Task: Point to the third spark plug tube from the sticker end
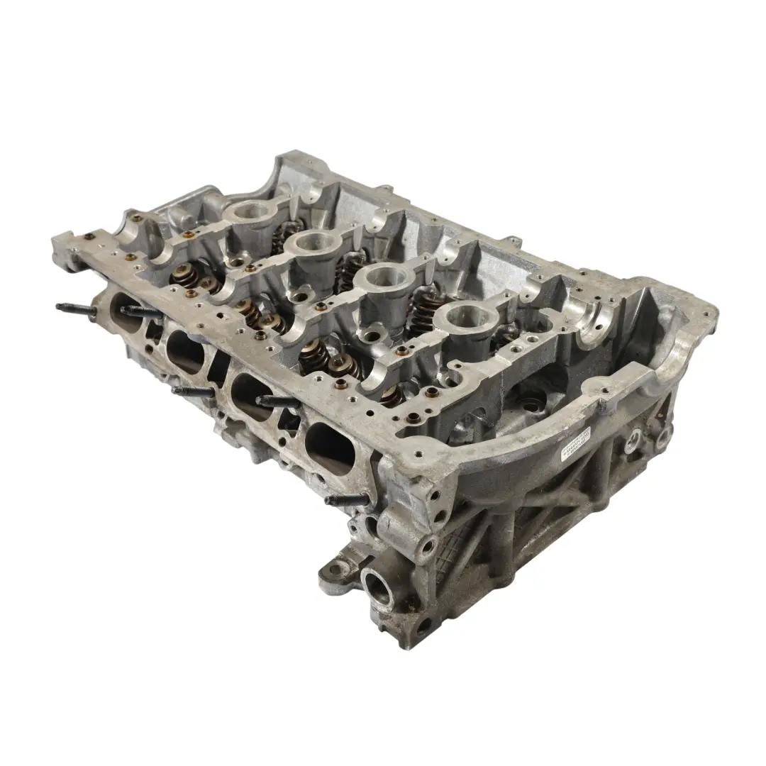pos(313,243)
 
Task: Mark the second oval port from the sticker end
pos(252,396)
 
